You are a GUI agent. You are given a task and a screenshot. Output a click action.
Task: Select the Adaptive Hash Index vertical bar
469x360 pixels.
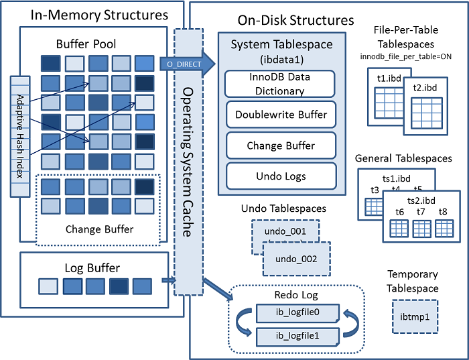19,136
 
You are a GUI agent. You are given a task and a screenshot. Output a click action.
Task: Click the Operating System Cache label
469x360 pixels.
189,161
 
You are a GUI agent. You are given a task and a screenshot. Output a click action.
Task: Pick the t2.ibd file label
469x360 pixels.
425,88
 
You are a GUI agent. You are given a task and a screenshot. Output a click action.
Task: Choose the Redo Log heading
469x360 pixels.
296,295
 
